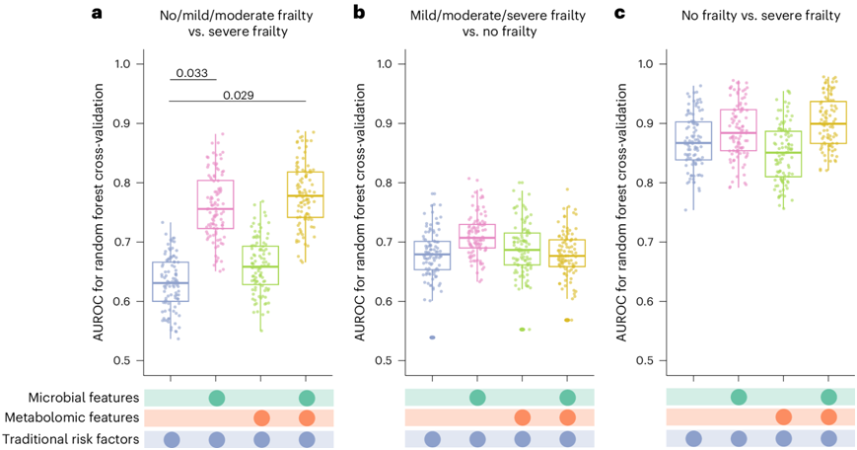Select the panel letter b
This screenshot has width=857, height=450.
[x=359, y=14]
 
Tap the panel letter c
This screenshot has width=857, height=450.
[x=620, y=14]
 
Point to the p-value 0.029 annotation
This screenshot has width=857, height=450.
[x=237, y=95]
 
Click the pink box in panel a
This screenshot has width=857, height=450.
[x=216, y=204]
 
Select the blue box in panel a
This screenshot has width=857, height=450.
[x=171, y=281]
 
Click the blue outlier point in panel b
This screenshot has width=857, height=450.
[x=432, y=337]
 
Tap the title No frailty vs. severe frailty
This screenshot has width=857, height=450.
[x=760, y=15]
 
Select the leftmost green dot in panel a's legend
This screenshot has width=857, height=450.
[x=217, y=398]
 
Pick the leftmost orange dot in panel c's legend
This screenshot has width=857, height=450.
[x=782, y=417]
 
